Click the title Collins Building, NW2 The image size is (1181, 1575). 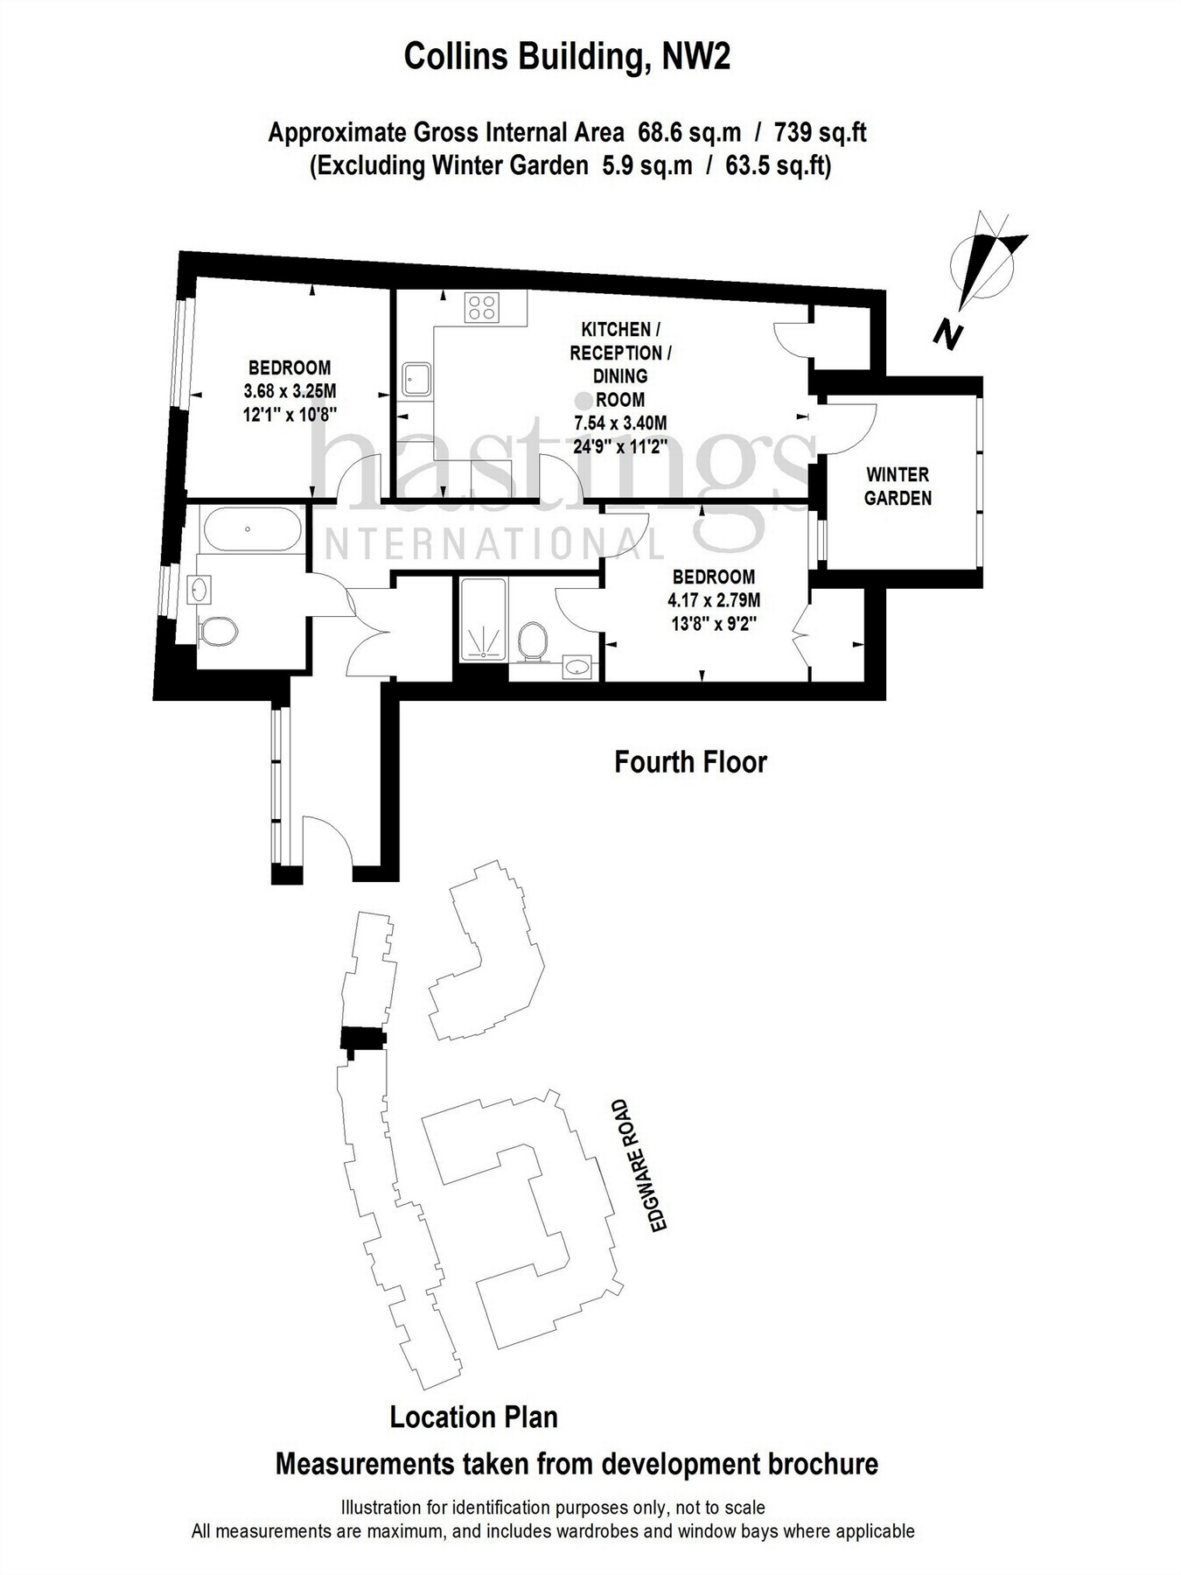pos(567,57)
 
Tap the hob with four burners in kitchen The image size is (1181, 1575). pos(483,307)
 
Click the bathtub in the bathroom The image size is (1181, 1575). pos(252,529)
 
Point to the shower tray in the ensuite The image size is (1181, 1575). pos(483,619)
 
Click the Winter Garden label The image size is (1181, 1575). pos(898,486)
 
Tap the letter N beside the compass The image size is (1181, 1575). pos(947,333)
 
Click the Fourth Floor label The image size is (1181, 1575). pos(690,761)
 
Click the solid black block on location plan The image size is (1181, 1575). pos(362,1039)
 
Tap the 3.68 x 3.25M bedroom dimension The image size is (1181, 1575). pos(290,390)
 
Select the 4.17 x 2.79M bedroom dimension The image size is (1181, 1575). pos(713,600)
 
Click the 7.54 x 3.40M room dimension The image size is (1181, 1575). pos(620,423)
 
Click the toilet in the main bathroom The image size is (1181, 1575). pos(218,631)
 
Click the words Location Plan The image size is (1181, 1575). pos(473,1416)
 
